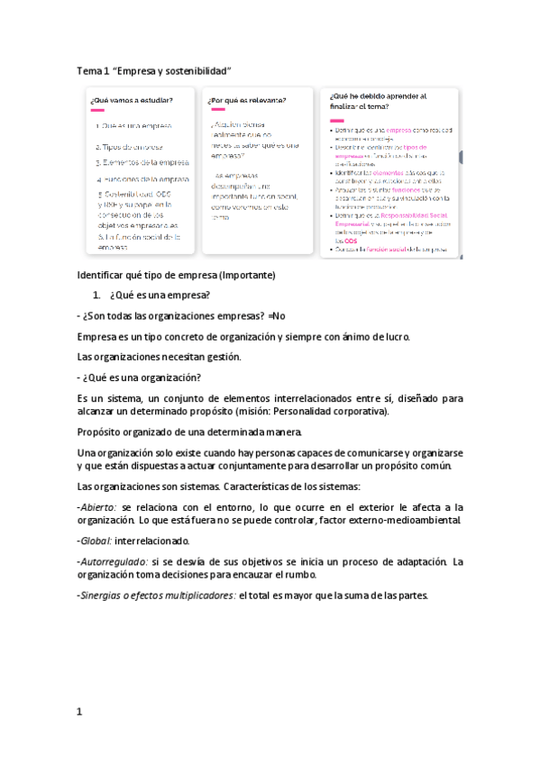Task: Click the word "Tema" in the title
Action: pyautogui.click(x=89, y=70)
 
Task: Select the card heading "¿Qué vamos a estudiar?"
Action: pyautogui.click(x=132, y=100)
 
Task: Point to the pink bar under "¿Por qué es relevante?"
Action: pyautogui.click(x=216, y=110)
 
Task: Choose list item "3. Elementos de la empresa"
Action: pyautogui.click(x=142, y=163)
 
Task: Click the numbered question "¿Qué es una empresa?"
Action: pyautogui.click(x=160, y=295)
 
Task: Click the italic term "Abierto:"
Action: pyautogui.click(x=98, y=508)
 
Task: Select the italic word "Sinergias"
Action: pyautogui.click(x=106, y=595)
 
